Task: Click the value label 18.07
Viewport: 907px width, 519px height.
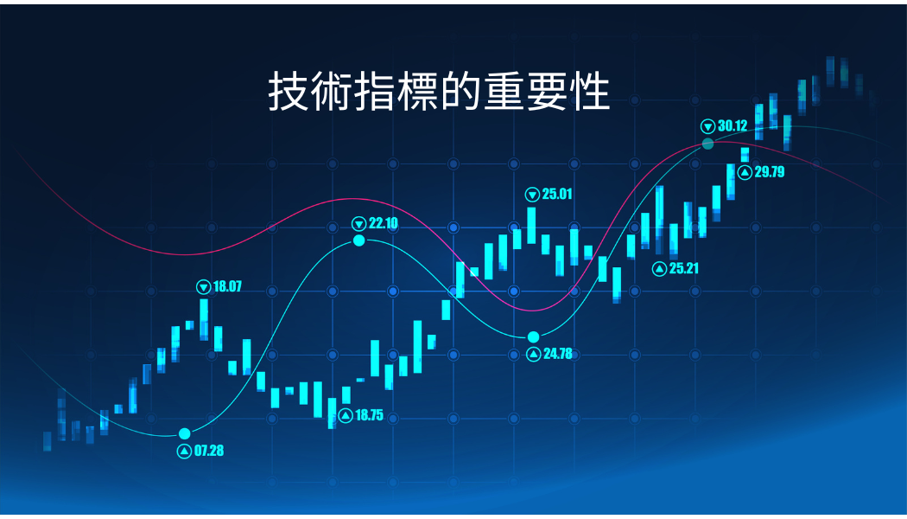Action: click(227, 286)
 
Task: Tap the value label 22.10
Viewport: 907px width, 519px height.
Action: click(383, 223)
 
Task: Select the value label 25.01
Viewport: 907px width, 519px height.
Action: click(557, 194)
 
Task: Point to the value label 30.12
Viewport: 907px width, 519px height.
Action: click(733, 125)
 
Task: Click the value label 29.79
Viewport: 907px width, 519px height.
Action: click(770, 171)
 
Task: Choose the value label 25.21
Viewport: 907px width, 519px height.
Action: click(684, 268)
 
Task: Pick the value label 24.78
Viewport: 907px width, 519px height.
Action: click(558, 353)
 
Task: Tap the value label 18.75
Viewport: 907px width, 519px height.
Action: click(369, 415)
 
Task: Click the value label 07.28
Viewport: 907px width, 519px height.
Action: click(209, 451)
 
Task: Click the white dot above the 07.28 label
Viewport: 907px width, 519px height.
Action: click(185, 434)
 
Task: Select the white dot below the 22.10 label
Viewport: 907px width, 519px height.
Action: click(359, 240)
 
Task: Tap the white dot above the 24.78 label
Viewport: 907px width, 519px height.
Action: click(533, 337)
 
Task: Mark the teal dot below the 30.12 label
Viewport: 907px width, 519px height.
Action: click(708, 144)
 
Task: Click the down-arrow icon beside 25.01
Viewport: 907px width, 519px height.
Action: click(532, 194)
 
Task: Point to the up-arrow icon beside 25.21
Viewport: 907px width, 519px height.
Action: click(659, 269)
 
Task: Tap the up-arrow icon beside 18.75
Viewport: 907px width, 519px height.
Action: click(346, 415)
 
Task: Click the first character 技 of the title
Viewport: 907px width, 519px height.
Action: click(288, 92)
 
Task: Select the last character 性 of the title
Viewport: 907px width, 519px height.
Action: click(589, 92)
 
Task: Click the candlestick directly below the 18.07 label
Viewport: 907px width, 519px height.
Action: click(204, 319)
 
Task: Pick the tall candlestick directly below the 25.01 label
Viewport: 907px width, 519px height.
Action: click(531, 225)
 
